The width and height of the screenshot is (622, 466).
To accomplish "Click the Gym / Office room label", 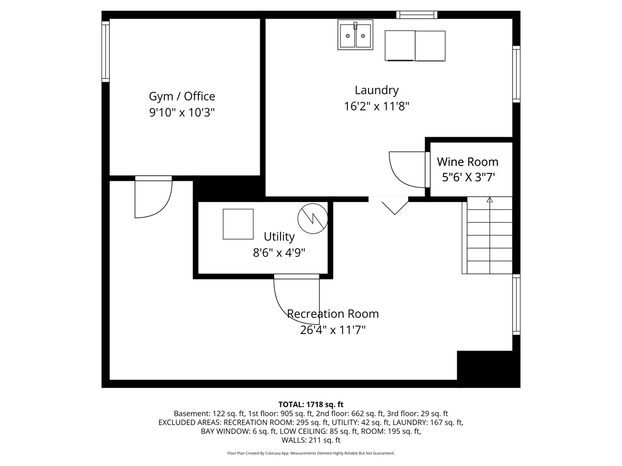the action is coord(182,96).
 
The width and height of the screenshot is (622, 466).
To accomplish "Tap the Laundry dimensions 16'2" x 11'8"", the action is coord(377,107).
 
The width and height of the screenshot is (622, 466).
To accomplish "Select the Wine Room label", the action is coord(468,162).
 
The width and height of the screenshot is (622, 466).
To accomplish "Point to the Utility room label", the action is coord(279,237).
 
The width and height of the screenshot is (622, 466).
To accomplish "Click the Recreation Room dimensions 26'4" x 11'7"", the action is coord(333,330).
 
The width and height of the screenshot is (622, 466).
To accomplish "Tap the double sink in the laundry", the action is coord(356,35).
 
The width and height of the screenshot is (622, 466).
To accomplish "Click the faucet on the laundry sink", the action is coord(356,25).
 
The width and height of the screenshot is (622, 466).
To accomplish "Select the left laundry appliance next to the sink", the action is coord(400,46).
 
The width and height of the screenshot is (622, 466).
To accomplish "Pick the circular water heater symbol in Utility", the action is coord(313,219).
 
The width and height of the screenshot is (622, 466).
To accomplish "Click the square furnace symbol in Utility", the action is coord(238,224).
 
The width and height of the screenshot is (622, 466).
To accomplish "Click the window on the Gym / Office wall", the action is coord(105,51).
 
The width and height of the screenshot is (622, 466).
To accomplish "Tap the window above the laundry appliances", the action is coord(417,14).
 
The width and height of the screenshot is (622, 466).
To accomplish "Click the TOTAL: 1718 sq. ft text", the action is coord(311,404).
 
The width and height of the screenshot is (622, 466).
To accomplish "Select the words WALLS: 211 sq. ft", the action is coord(311,440).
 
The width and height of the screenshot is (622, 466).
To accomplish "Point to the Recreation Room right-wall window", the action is coord(516,304).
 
